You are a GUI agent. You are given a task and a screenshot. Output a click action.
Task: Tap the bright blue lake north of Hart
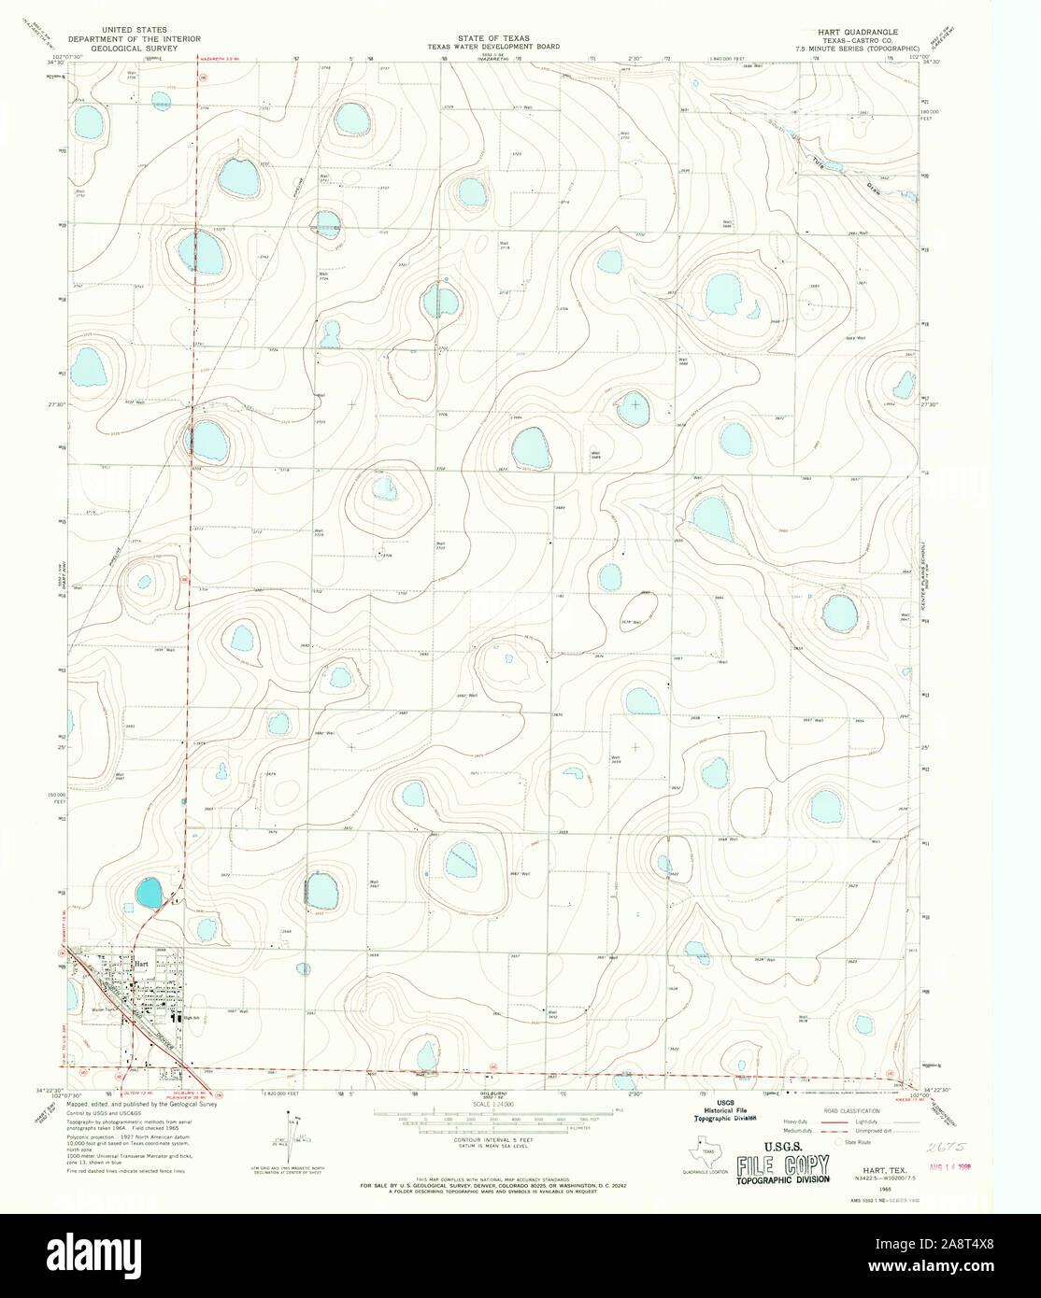(x=148, y=894)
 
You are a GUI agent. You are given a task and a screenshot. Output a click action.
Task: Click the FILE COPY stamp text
(x=782, y=1165)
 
